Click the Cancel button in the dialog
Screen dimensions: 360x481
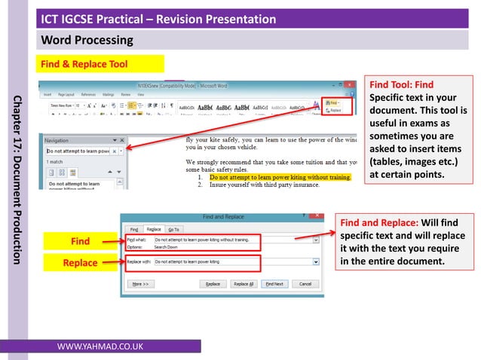[x=305, y=284]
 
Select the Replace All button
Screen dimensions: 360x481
[x=244, y=284]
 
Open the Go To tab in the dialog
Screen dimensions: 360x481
[x=174, y=228]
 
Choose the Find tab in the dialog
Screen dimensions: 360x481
[x=133, y=228]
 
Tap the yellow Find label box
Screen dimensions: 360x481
[x=80, y=241]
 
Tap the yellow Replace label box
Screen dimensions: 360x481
[x=80, y=262]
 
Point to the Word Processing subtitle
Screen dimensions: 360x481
[x=87, y=40]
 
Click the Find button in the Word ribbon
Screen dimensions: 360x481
[x=332, y=101]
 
